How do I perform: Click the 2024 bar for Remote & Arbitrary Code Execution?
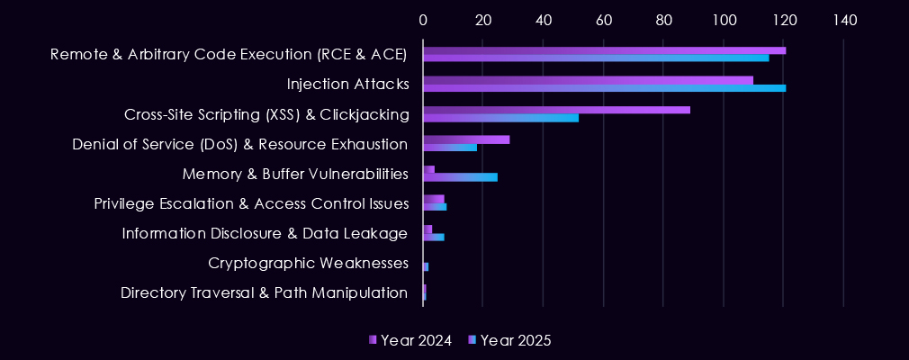[x=604, y=50]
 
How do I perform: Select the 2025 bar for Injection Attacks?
[x=604, y=88]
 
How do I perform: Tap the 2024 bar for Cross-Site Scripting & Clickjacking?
[x=556, y=110]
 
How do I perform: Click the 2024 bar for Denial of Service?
[x=466, y=139]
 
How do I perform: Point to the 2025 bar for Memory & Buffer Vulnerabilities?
[x=460, y=177]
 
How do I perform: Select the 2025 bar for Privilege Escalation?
[x=435, y=207]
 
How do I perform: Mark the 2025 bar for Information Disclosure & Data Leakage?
[x=433, y=237]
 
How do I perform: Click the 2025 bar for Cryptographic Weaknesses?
[x=426, y=267]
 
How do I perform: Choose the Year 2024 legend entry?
[x=410, y=340]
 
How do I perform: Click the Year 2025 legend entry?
[x=510, y=340]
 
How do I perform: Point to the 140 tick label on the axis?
[x=843, y=20]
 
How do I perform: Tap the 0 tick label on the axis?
[x=423, y=20]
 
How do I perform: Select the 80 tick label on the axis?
[x=663, y=20]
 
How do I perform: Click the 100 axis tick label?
[x=724, y=20]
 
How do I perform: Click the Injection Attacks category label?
[x=348, y=85]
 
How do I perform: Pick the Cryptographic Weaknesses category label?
[x=309, y=264]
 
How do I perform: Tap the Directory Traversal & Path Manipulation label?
[x=265, y=293]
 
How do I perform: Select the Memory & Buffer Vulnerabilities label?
[x=295, y=174]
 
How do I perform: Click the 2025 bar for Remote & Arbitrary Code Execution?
[x=596, y=58]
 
